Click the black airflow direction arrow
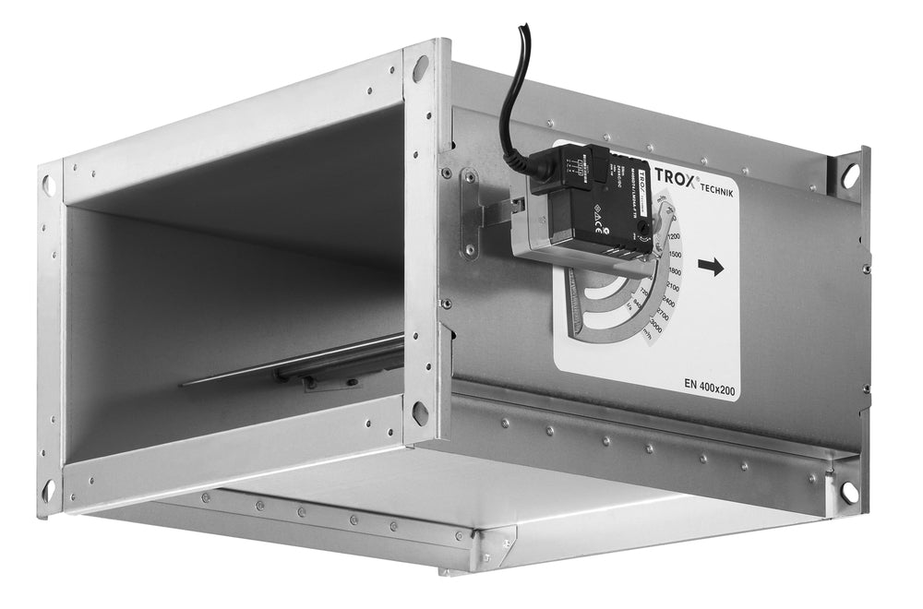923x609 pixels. coord(711,268)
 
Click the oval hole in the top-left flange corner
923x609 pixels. coord(49,185)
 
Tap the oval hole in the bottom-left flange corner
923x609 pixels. coord(49,489)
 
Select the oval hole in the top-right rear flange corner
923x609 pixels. coord(849,174)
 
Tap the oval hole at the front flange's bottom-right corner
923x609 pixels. coord(420,412)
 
